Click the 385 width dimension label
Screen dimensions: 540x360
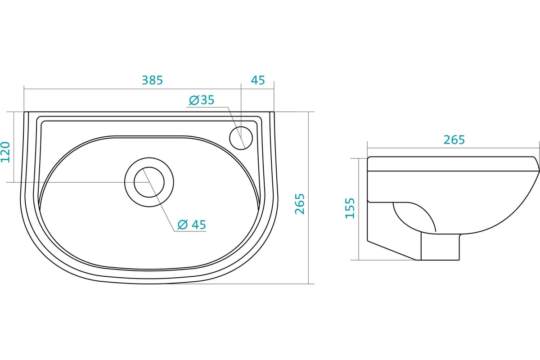point(153,80)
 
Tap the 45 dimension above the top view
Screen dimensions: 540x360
point(258,80)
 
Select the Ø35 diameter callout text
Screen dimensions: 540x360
point(202,100)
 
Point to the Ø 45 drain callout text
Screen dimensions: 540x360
point(192,225)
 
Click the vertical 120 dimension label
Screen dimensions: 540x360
point(5,152)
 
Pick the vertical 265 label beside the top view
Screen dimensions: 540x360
point(300,204)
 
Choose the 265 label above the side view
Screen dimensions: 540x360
point(454,140)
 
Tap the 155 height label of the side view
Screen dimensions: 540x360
point(350,208)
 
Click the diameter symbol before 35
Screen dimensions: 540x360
point(194,100)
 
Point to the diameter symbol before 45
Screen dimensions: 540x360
point(183,225)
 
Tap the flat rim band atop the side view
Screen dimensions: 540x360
point(453,164)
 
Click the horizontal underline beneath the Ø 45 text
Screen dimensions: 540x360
point(190,231)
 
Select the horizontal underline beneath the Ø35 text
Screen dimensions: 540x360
point(207,107)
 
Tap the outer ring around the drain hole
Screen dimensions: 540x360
point(149,158)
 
